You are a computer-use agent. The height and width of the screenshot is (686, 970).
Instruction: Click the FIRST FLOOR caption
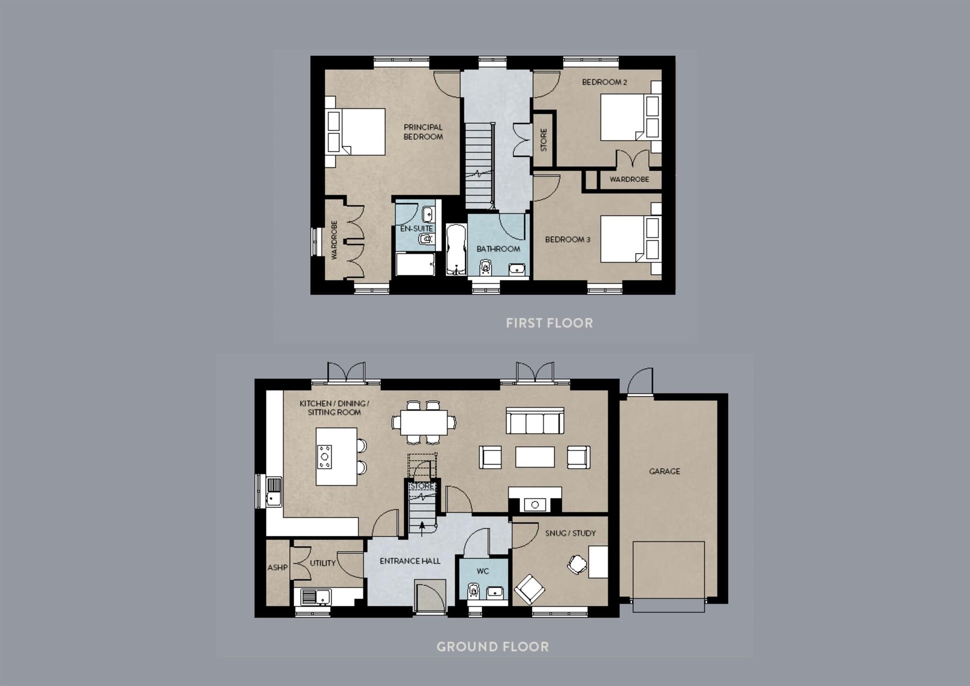(549, 323)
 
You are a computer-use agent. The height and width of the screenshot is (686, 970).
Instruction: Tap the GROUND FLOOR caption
(492, 647)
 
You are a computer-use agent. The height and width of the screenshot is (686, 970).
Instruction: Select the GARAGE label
(664, 471)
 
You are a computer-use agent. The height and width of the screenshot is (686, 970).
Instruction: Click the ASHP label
(277, 567)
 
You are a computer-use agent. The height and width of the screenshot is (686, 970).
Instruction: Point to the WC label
(482, 571)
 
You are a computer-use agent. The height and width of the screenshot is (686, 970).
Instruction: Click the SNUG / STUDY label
(570, 533)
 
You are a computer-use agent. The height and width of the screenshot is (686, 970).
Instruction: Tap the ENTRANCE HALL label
(410, 561)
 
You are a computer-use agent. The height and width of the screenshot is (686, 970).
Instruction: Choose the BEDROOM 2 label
(604, 82)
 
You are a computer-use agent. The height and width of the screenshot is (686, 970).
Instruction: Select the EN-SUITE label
(416, 229)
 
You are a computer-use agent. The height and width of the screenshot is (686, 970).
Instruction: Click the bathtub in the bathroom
(456, 250)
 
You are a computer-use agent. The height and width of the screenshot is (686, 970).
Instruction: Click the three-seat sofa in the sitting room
(535, 421)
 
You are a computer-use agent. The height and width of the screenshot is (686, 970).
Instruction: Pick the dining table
(423, 422)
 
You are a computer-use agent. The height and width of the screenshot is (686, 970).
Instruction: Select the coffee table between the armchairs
(535, 457)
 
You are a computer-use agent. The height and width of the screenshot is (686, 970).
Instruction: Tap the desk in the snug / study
(598, 562)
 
